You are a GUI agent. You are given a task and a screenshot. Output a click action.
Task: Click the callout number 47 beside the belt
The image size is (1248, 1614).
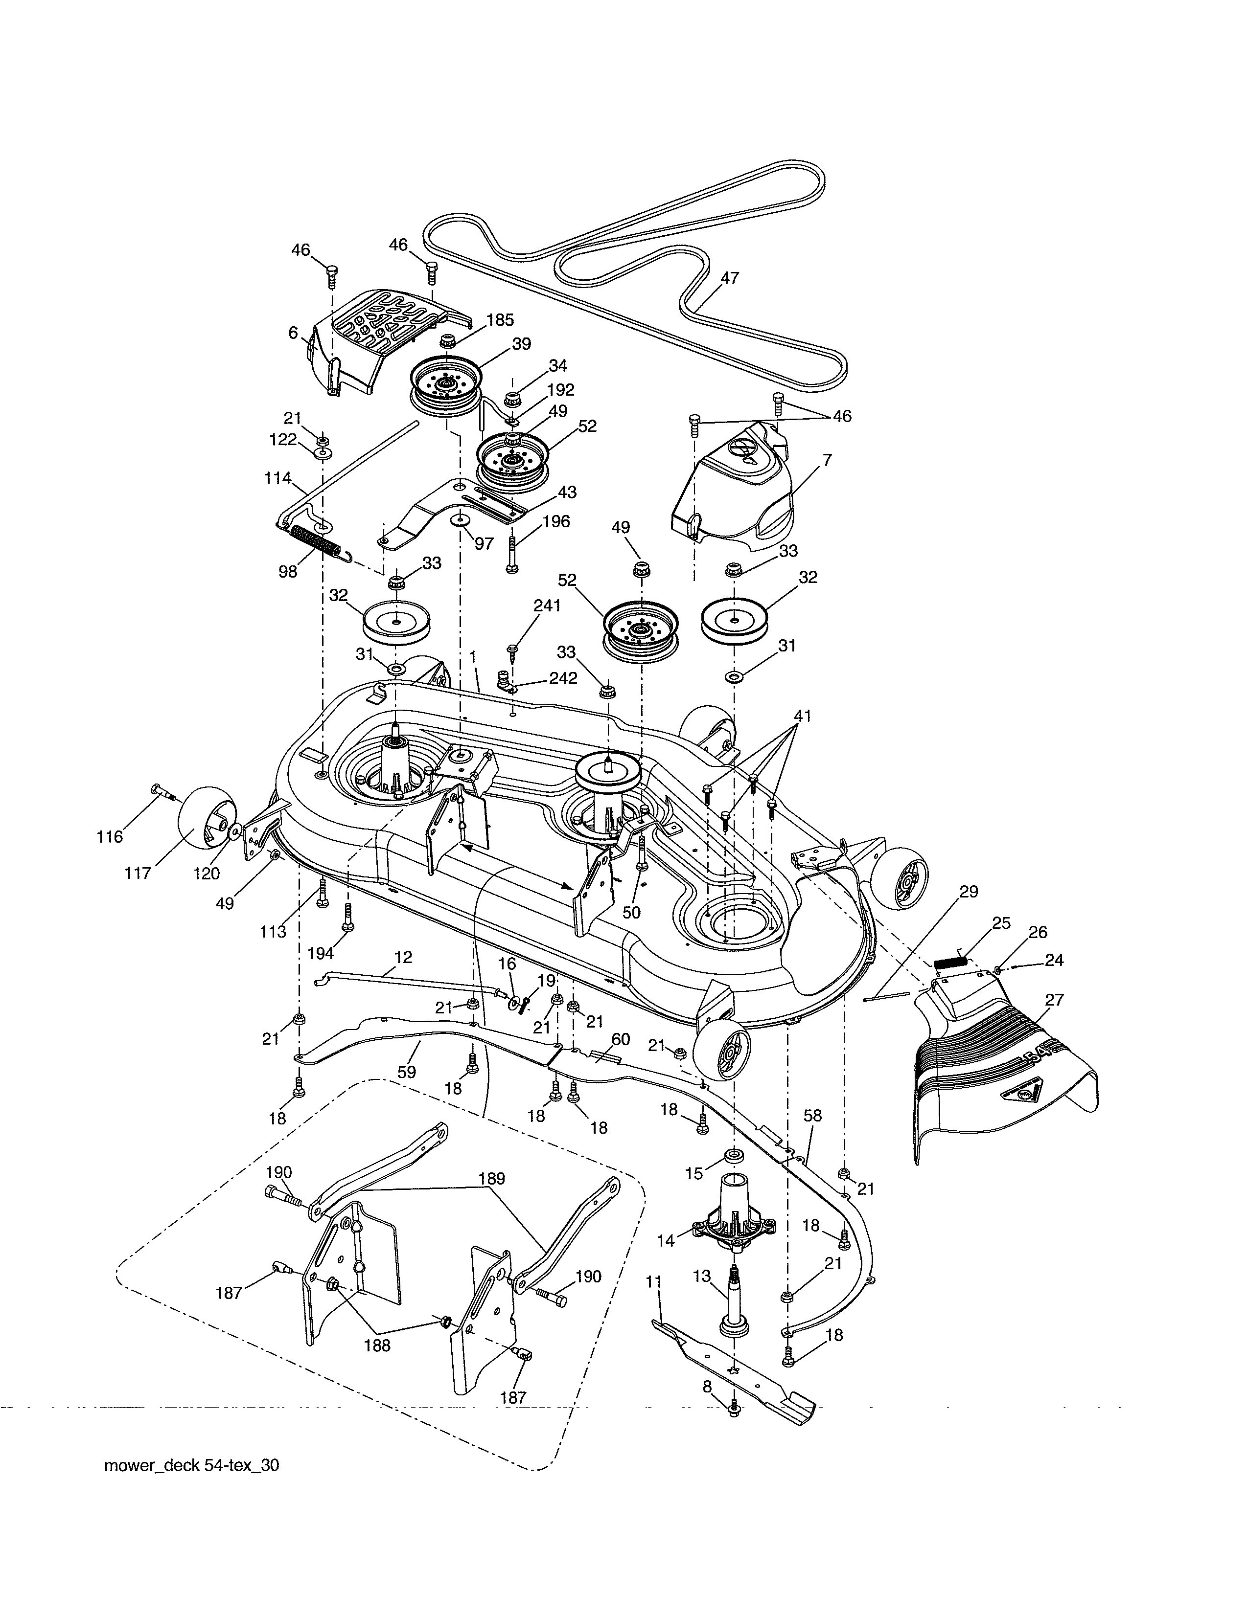(729, 278)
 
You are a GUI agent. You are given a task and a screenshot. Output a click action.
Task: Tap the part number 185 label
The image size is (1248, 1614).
(500, 320)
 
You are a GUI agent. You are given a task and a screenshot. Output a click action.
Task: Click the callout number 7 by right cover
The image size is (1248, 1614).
(827, 460)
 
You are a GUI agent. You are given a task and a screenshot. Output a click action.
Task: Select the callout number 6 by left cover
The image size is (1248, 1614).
(294, 333)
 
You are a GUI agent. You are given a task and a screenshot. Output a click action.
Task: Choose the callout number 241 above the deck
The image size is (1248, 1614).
(547, 606)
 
